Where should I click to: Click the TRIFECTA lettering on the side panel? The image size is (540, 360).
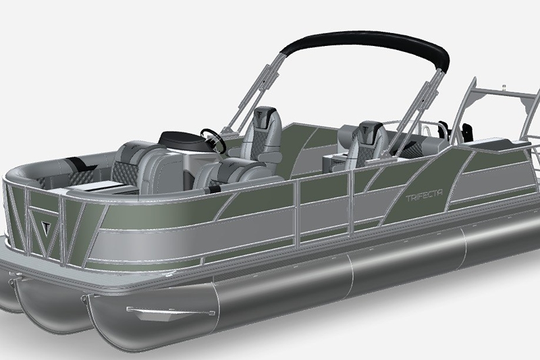424,196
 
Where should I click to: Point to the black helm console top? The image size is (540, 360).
181,139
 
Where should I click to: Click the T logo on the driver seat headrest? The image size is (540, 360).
260,114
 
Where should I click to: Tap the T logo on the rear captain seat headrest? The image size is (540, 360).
365,130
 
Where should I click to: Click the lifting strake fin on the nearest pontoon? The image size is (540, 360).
171,312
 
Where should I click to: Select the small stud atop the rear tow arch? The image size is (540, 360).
503,86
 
